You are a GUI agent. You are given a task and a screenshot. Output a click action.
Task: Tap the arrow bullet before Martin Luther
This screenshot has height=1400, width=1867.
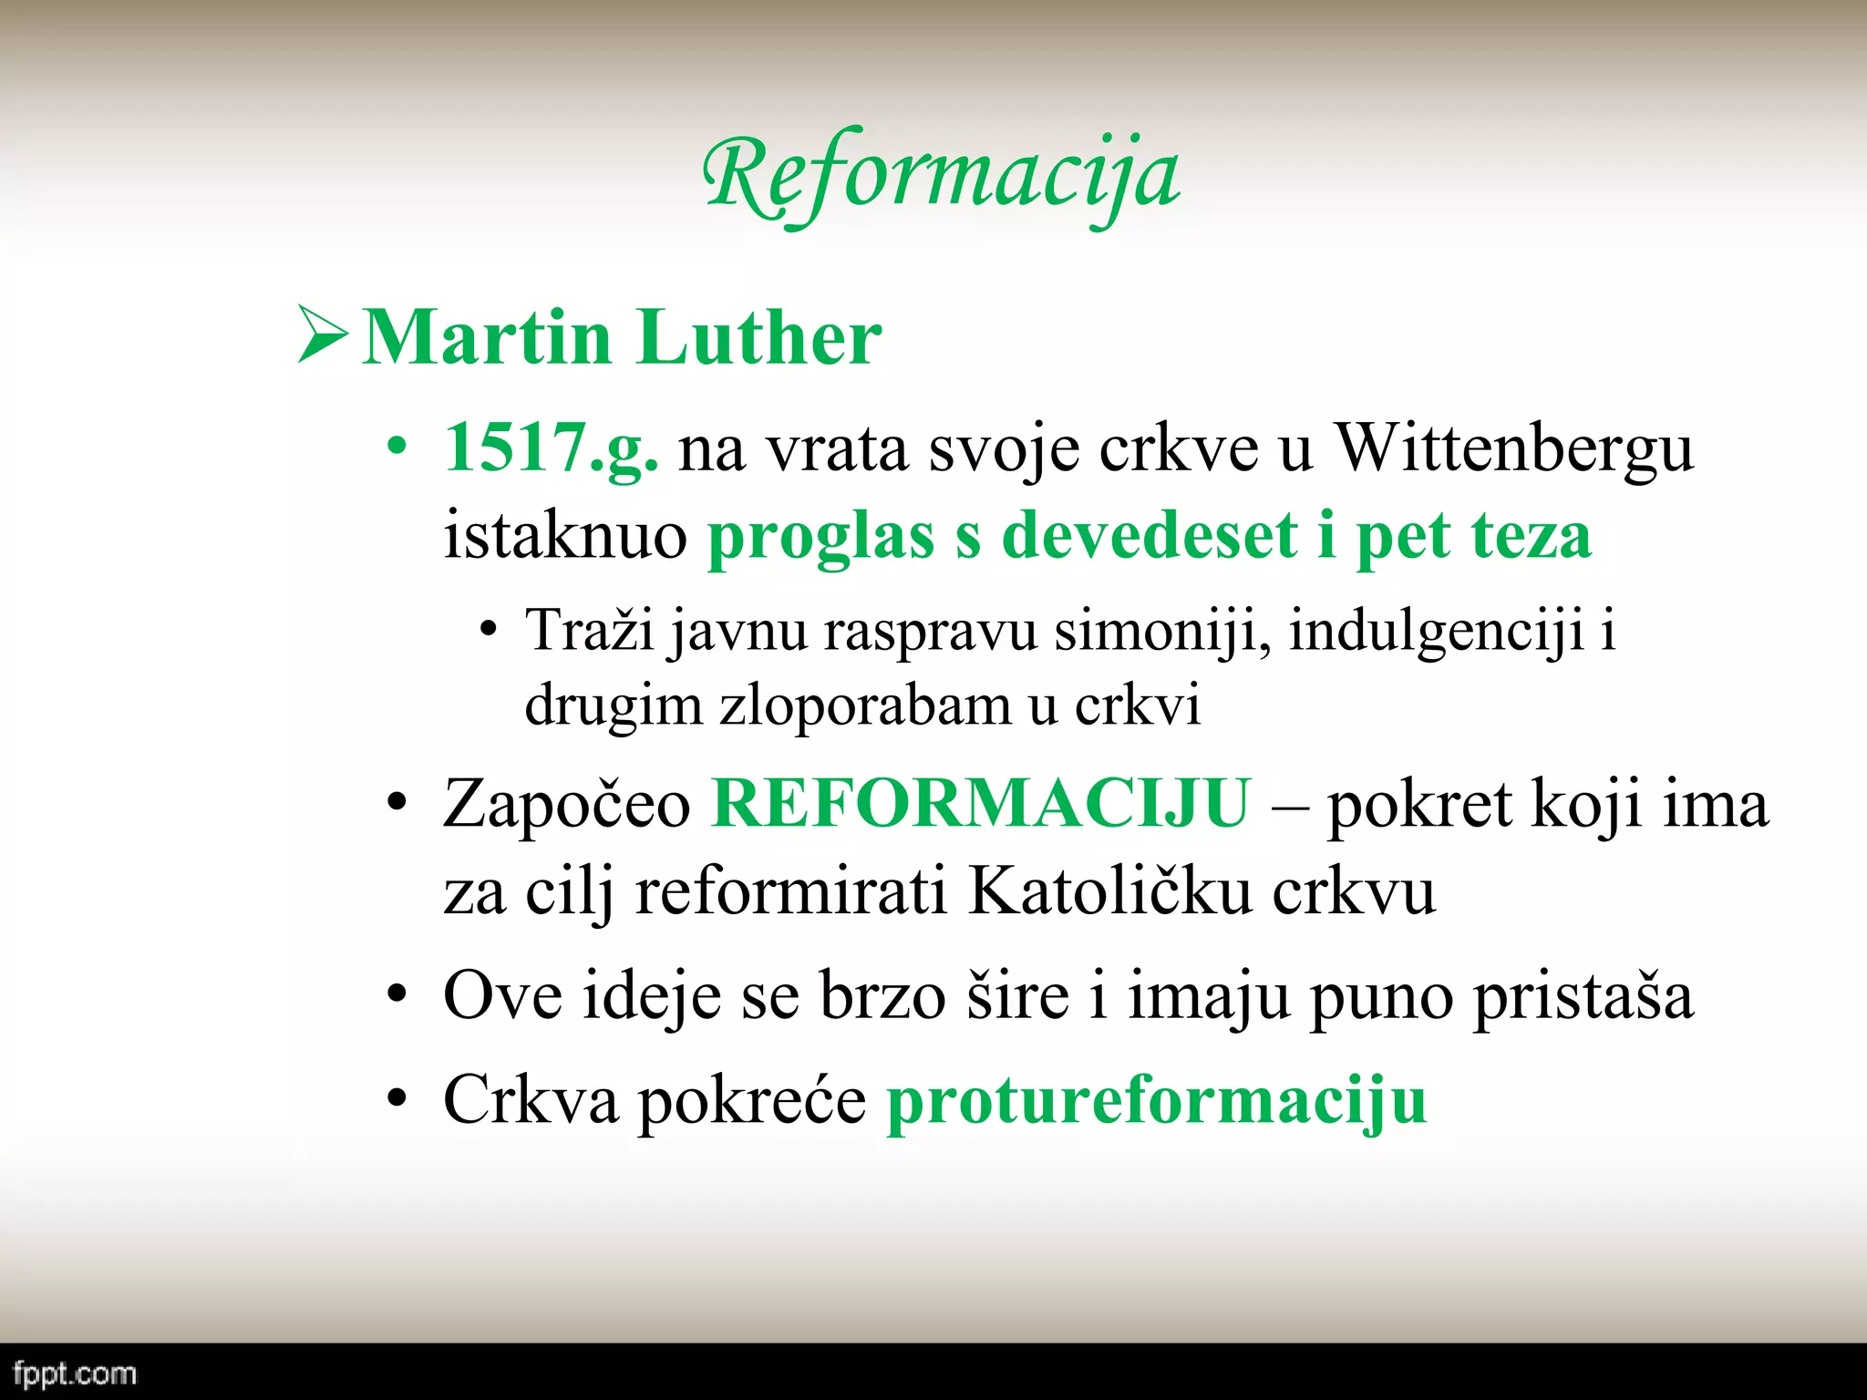coord(323,336)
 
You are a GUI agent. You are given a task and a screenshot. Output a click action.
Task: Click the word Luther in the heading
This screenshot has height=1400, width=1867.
coord(758,337)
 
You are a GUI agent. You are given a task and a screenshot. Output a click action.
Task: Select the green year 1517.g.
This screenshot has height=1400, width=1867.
coord(551,448)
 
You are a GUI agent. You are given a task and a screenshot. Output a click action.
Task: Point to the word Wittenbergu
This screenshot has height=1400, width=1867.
coord(1513,448)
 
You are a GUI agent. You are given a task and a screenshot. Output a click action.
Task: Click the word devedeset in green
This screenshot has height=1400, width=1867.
coord(1149,535)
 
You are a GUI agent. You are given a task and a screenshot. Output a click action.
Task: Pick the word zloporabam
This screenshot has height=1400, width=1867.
coord(865,705)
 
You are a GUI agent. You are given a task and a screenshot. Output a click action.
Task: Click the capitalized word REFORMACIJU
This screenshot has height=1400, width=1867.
coord(981,804)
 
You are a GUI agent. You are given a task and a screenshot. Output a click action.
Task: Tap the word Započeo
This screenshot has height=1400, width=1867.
coord(567,804)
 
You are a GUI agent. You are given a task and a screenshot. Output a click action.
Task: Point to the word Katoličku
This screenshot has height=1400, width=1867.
coord(1109,890)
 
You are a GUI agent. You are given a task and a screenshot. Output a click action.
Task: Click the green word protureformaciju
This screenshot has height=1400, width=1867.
coord(1157,1100)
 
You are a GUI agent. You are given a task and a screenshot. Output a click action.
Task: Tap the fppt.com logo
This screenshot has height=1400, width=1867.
coord(75,1374)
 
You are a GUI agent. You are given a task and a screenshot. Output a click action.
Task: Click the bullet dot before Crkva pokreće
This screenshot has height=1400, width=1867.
coord(396,1098)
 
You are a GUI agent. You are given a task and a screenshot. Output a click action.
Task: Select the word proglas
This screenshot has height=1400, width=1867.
coord(820,535)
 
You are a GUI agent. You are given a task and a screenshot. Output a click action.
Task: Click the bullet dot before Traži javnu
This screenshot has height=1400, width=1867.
coord(489,630)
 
